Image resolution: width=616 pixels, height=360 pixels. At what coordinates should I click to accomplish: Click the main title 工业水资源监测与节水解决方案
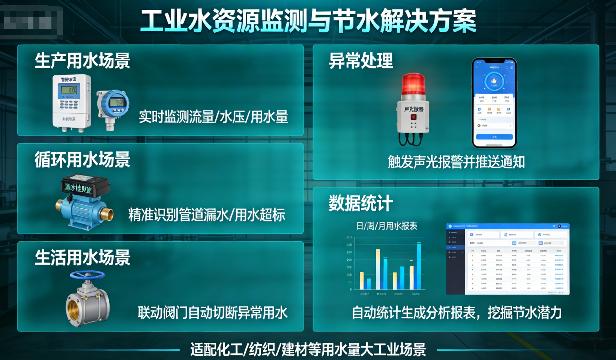(x=308, y=21)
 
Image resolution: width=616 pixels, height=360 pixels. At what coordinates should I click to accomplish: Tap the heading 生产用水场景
(x=83, y=60)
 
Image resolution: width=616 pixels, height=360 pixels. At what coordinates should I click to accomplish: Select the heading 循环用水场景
(x=83, y=160)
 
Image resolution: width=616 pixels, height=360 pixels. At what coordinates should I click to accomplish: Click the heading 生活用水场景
(x=83, y=258)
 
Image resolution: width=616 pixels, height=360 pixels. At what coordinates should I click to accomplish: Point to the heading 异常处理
(x=361, y=60)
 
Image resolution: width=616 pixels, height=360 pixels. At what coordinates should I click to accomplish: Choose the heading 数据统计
(x=361, y=203)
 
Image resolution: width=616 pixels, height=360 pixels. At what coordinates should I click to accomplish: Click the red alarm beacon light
(x=413, y=84)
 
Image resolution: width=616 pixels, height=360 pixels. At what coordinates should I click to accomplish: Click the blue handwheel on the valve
(x=87, y=275)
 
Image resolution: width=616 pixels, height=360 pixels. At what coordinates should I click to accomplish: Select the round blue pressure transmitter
(x=114, y=104)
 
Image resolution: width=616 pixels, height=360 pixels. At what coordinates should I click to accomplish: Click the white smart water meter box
(x=71, y=102)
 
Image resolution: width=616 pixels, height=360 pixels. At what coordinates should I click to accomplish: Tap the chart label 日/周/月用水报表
(x=387, y=226)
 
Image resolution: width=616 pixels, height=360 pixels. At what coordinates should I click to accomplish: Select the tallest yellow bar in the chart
(x=378, y=269)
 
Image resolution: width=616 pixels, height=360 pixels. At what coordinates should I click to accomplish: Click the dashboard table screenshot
(x=508, y=259)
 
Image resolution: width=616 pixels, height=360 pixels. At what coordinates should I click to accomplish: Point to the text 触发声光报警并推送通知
(x=456, y=162)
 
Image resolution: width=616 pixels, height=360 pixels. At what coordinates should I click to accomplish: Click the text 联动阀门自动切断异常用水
(x=212, y=312)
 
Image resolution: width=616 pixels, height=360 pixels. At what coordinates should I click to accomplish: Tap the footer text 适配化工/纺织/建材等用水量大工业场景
(x=308, y=349)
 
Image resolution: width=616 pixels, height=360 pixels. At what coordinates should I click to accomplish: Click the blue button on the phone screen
(x=494, y=137)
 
